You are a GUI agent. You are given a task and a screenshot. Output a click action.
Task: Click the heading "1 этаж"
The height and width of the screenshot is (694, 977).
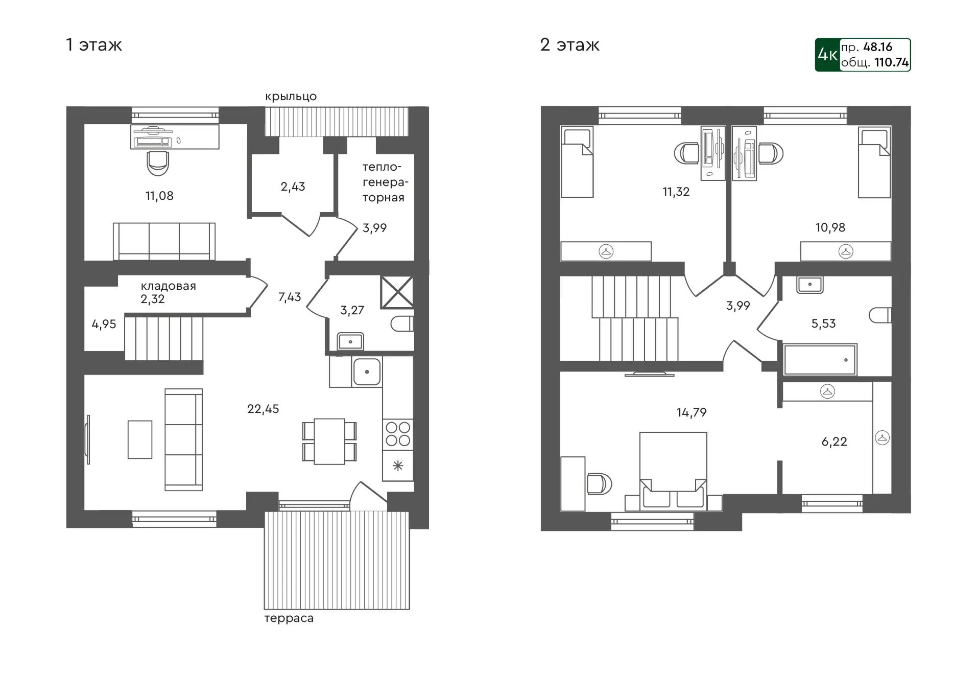click(94, 45)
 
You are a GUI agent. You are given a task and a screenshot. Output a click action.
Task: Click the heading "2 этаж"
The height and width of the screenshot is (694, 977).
click(569, 45)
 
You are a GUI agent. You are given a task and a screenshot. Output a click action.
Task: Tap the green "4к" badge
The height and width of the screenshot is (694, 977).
click(827, 55)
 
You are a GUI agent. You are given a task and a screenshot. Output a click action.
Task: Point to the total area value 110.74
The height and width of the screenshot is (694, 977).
click(891, 62)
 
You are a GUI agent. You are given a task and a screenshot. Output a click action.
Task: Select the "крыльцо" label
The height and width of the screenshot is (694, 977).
click(291, 97)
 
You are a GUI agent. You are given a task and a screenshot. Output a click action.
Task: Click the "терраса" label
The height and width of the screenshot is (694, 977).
click(289, 618)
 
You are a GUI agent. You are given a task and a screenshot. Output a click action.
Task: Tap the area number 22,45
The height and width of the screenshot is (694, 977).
click(263, 409)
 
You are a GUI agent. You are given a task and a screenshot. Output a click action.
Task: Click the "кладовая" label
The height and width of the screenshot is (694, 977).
click(169, 286)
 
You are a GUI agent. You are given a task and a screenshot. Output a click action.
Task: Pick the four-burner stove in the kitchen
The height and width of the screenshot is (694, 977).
click(398, 434)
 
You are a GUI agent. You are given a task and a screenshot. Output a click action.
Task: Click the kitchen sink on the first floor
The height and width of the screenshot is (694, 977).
click(366, 372)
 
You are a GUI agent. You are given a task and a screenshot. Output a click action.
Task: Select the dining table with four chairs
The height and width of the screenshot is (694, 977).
click(329, 441)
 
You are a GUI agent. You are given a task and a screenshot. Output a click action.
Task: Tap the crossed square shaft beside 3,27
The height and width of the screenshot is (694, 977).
click(397, 292)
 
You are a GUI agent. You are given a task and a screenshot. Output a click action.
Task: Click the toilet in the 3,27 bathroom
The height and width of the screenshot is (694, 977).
click(402, 324)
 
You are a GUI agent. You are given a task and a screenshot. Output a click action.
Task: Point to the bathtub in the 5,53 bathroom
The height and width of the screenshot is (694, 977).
click(820, 360)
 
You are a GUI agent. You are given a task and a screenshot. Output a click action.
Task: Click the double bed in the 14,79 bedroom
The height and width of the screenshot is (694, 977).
click(673, 471)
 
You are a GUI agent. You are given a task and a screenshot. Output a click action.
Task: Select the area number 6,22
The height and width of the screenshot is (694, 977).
click(834, 442)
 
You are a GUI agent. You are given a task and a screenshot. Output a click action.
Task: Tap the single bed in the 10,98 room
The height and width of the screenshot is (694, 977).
click(874, 163)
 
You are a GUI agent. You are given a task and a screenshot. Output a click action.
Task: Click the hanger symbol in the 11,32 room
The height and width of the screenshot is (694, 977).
click(606, 251)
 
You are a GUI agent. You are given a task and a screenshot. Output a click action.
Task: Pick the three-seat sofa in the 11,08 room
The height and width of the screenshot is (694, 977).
click(164, 241)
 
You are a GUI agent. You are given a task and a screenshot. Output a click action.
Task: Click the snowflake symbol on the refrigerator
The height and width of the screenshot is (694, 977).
click(398, 466)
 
